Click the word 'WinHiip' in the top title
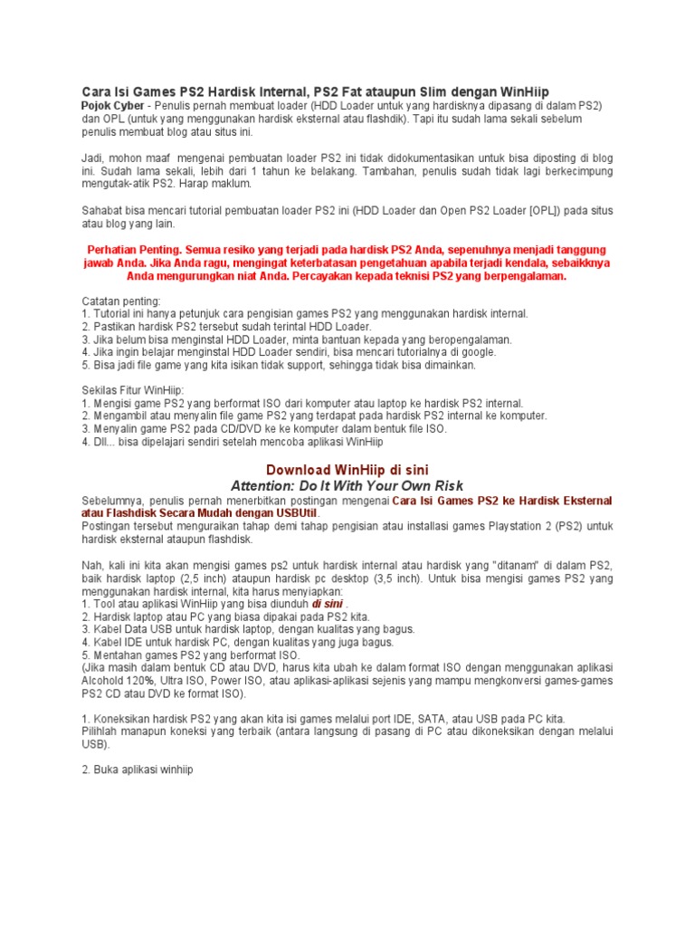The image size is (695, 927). (522, 91)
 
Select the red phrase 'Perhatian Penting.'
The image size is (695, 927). (136, 249)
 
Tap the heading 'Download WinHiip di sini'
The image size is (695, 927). (347, 468)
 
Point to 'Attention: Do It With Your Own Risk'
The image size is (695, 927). (347, 485)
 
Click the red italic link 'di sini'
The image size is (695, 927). (327, 603)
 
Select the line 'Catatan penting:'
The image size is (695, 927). (120, 301)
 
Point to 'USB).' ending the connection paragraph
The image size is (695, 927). (95, 744)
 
